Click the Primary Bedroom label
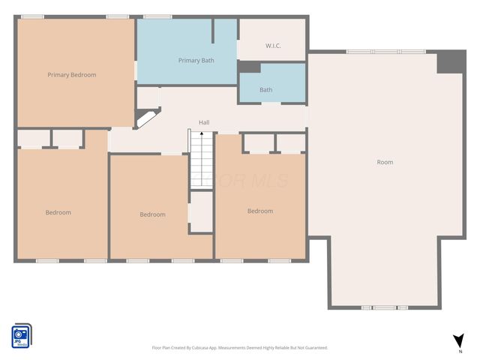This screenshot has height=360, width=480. tap(71, 75)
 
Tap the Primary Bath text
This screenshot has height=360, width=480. tap(196, 60)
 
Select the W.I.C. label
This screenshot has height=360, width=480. tap(273, 46)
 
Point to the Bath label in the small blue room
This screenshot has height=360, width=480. tap(266, 90)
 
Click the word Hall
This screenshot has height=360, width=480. tap(204, 122)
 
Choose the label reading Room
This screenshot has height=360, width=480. tap(385, 162)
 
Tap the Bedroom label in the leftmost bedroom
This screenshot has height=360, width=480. tap(58, 212)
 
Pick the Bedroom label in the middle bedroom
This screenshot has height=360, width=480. tap(152, 214)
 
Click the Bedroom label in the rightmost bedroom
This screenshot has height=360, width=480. tap(260, 211)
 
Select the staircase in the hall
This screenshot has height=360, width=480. tap(201, 159)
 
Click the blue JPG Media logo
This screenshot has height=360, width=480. tap(21, 335)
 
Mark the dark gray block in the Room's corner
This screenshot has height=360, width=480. tap(451, 61)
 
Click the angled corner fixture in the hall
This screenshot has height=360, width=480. tap(146, 118)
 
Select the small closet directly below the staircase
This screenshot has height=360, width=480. tap(201, 211)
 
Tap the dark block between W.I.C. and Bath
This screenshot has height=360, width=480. tap(249, 68)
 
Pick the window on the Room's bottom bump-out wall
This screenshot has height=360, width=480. tap(382, 307)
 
